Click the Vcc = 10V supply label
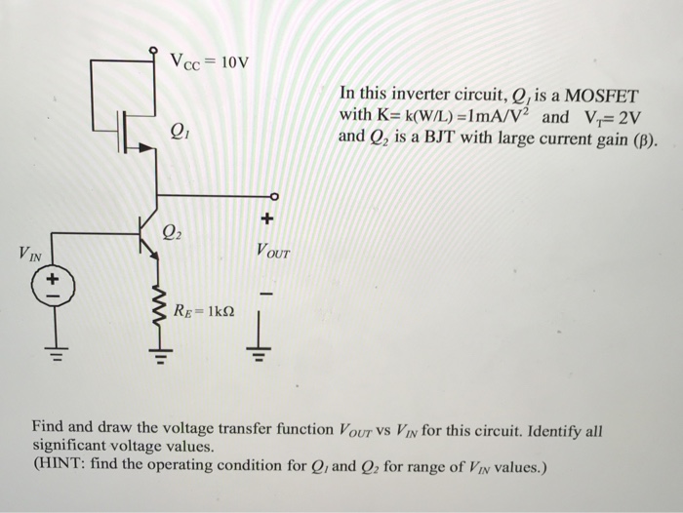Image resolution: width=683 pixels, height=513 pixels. (x=209, y=64)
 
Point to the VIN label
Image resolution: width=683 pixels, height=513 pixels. (x=30, y=256)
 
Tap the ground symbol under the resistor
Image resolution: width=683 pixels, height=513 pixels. (x=153, y=356)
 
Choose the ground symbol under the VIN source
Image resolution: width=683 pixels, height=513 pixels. (x=50, y=353)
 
